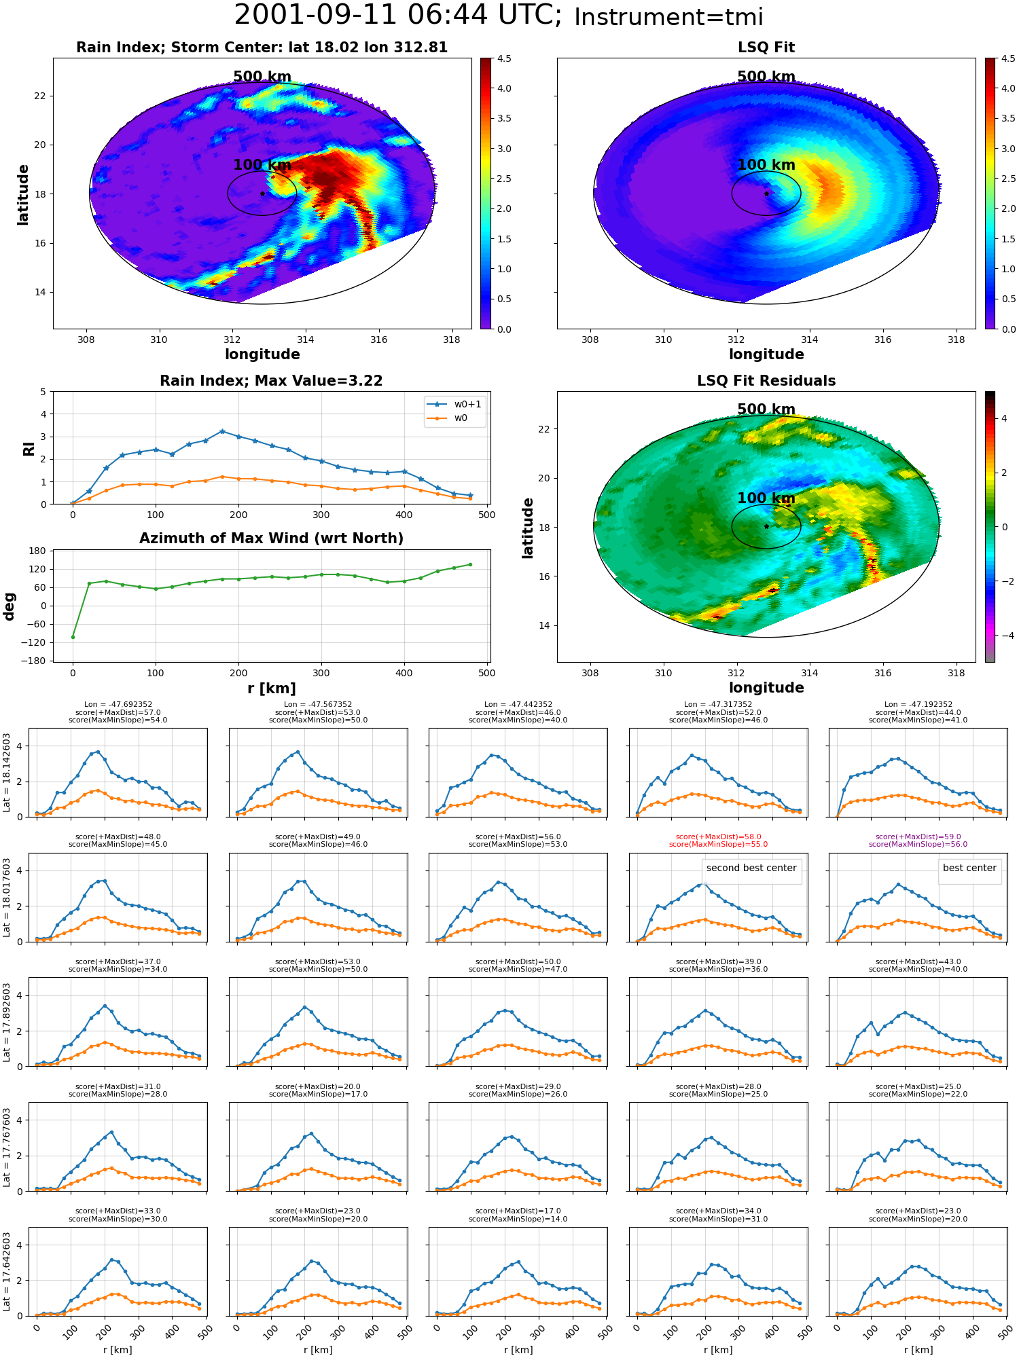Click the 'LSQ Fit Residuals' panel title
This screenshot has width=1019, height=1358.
[x=766, y=381]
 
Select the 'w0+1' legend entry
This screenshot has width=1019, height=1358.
[x=454, y=404]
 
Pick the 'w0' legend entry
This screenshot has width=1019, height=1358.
[x=448, y=418]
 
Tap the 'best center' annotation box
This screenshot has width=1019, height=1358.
[x=969, y=868]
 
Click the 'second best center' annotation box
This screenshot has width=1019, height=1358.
[x=751, y=868]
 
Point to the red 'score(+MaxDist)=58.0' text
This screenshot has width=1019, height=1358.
[x=718, y=837]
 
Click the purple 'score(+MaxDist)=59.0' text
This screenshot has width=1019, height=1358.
[x=918, y=837]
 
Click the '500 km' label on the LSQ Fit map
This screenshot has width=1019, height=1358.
[x=766, y=77]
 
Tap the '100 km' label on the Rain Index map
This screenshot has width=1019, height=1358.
[x=262, y=165]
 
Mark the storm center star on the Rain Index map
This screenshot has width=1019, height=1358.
[x=262, y=194]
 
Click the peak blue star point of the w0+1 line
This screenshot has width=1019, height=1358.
[x=222, y=431]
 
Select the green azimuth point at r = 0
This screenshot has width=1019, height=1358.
[x=73, y=637]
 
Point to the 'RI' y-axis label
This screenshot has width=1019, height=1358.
[x=29, y=449]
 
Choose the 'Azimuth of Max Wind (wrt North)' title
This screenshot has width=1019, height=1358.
[x=272, y=538]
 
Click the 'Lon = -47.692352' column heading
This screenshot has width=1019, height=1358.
[x=118, y=705]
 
